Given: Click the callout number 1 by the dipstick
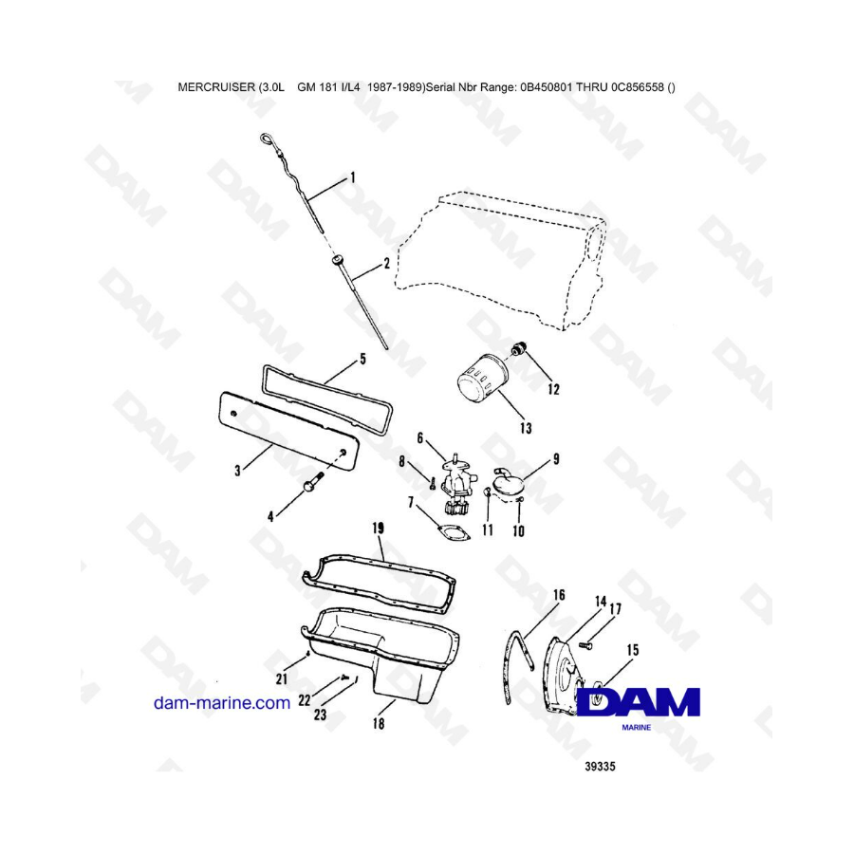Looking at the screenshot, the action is tap(352, 177).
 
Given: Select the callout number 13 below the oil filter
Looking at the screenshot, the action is tap(526, 429).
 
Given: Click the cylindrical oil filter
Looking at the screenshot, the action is tap(483, 381).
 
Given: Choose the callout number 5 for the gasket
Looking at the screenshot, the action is tap(363, 359).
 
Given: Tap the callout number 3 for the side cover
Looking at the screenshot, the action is tap(237, 471).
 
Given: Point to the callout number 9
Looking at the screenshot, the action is tap(556, 459).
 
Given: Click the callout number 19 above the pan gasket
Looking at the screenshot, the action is tap(378, 528).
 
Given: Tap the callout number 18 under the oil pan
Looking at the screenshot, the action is tap(379, 723).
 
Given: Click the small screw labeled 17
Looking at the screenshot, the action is tap(586, 645).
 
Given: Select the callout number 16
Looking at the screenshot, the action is tap(559, 595).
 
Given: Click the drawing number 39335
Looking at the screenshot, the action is tap(601, 767).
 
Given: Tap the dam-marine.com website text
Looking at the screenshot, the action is tap(222, 702).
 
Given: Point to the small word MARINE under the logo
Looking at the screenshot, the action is tap(636, 728).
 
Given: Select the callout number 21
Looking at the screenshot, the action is tap(282, 678).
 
